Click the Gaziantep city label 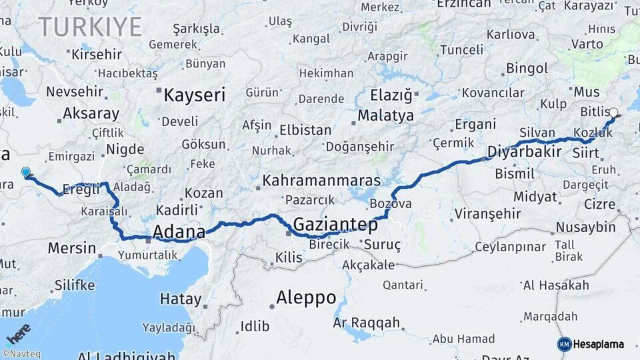click(335, 224)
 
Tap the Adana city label click(179, 232)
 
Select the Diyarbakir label click(524, 151)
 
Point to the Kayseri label click(195, 95)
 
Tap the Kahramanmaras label click(321, 181)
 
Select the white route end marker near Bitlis click(613, 113)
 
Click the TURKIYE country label click(90, 27)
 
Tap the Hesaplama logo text click(599, 344)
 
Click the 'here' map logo click(18, 333)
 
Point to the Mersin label click(72, 248)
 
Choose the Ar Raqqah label click(366, 323)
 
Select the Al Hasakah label click(556, 286)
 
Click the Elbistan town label click(305, 130)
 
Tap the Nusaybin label click(586, 227)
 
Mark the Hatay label click(180, 299)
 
